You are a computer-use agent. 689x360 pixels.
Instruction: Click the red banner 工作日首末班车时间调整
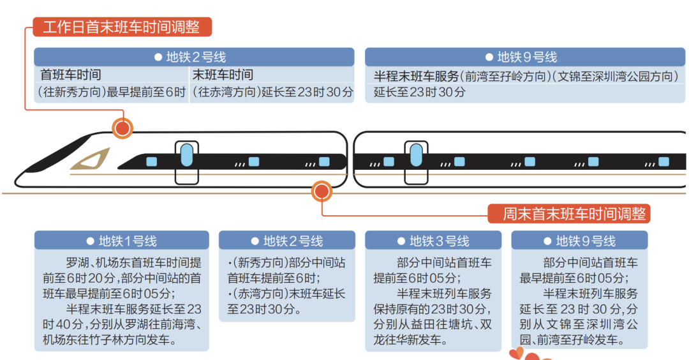(121, 27)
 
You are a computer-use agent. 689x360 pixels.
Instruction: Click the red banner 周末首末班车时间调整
(568, 214)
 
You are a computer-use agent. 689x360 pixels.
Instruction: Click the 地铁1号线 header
(121, 241)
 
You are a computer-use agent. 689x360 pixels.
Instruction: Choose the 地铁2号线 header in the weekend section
(287, 241)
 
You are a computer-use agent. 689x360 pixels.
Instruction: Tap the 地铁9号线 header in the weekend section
(579, 241)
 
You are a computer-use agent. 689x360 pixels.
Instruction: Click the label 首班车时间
(71, 75)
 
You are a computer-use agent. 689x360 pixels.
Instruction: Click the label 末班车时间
(223, 75)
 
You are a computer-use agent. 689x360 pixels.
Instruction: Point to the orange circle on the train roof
(122, 128)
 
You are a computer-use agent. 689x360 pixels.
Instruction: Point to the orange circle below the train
(322, 191)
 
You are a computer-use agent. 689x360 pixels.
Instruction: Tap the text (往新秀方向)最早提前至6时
(112, 92)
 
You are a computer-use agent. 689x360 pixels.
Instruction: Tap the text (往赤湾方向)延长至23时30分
(272, 92)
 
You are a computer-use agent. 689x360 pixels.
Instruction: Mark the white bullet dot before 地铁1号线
(90, 241)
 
